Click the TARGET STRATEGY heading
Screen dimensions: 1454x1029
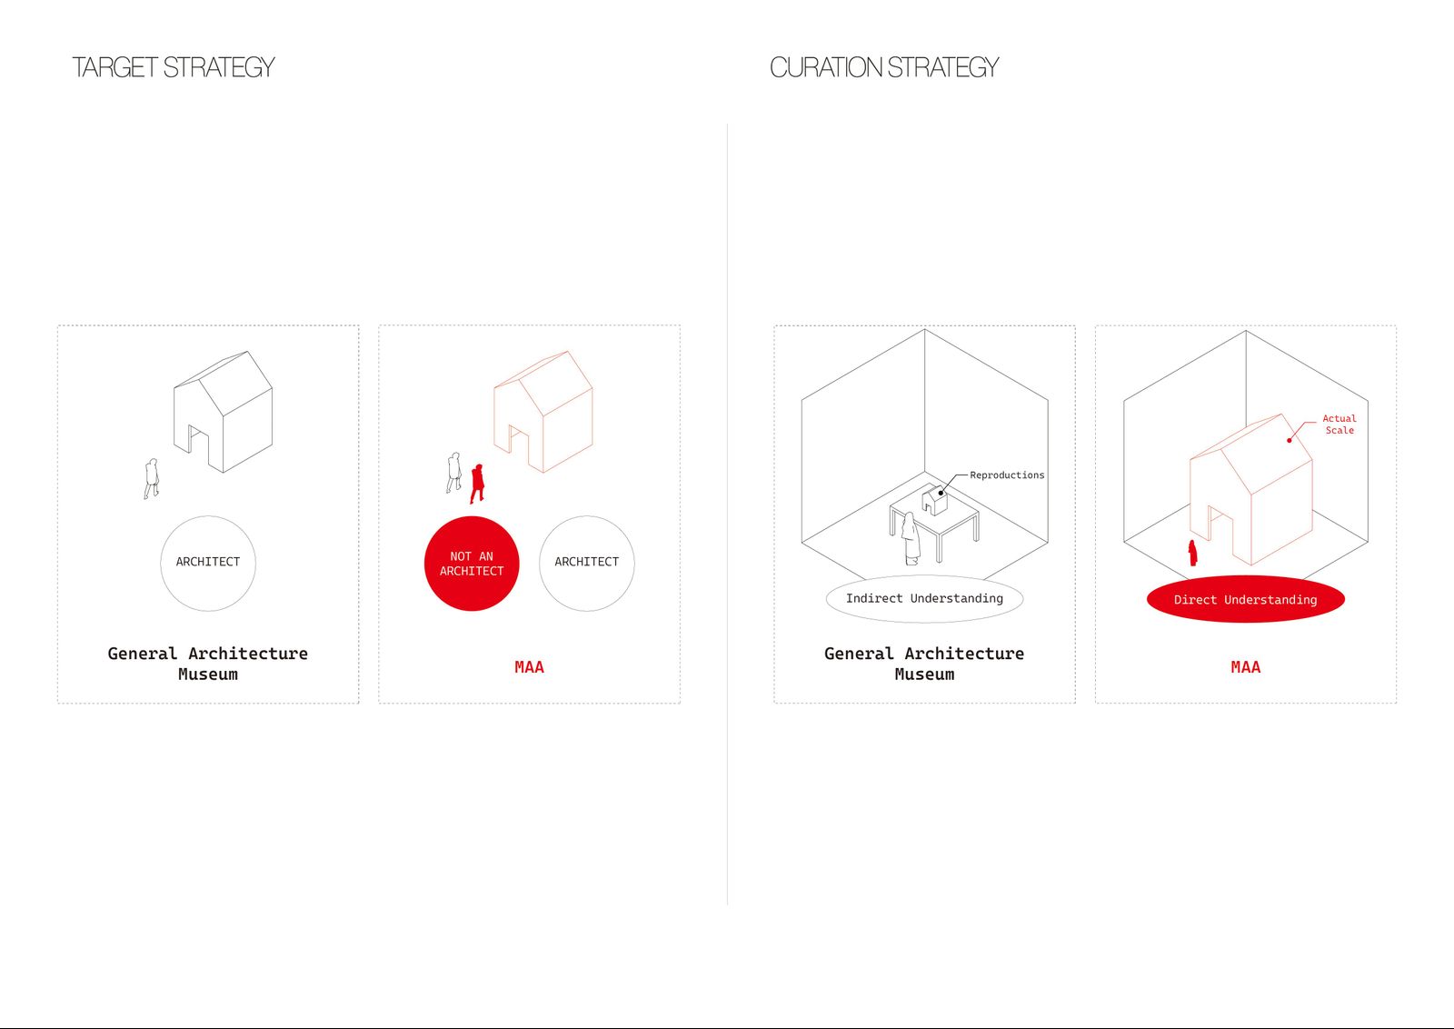pyautogui.click(x=174, y=67)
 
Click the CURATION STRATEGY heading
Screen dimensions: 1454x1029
pyautogui.click(x=884, y=67)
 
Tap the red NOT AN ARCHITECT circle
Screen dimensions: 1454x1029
pyautogui.click(x=472, y=564)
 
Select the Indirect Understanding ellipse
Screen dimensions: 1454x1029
pyautogui.click(x=924, y=598)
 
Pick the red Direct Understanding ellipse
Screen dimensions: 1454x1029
pyautogui.click(x=1246, y=599)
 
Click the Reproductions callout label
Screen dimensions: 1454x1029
pyautogui.click(x=1007, y=475)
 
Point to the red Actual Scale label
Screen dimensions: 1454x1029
pyautogui.click(x=1339, y=425)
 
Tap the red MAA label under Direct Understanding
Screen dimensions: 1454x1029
pyautogui.click(x=1246, y=667)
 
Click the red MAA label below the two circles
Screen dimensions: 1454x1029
pyautogui.click(x=529, y=667)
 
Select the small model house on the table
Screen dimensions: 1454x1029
pyautogui.click(x=935, y=500)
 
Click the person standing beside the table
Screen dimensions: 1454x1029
pyautogui.click(x=911, y=539)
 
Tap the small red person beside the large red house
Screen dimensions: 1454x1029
pyautogui.click(x=1192, y=553)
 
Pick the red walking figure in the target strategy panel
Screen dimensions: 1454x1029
pyautogui.click(x=477, y=484)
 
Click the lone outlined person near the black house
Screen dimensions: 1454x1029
pyautogui.click(x=151, y=478)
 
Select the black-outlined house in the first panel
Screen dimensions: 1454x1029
pyautogui.click(x=223, y=412)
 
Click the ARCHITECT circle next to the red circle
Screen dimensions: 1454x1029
pyautogui.click(x=587, y=564)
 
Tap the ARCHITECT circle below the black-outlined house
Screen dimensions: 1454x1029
pyautogui.click(x=208, y=564)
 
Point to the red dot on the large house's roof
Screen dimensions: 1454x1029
pyautogui.click(x=1290, y=441)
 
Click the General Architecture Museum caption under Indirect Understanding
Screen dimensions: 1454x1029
pyautogui.click(x=924, y=664)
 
